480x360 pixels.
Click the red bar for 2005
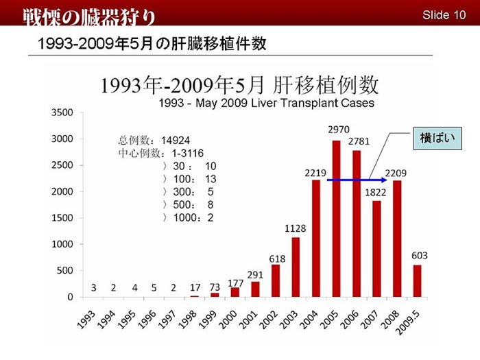pos(336,219)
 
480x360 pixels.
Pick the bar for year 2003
pos(296,267)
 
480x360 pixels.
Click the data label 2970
pos(338,129)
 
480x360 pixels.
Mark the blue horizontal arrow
pos(357,180)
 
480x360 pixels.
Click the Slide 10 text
pos(444,14)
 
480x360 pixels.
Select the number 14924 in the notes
pos(175,140)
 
